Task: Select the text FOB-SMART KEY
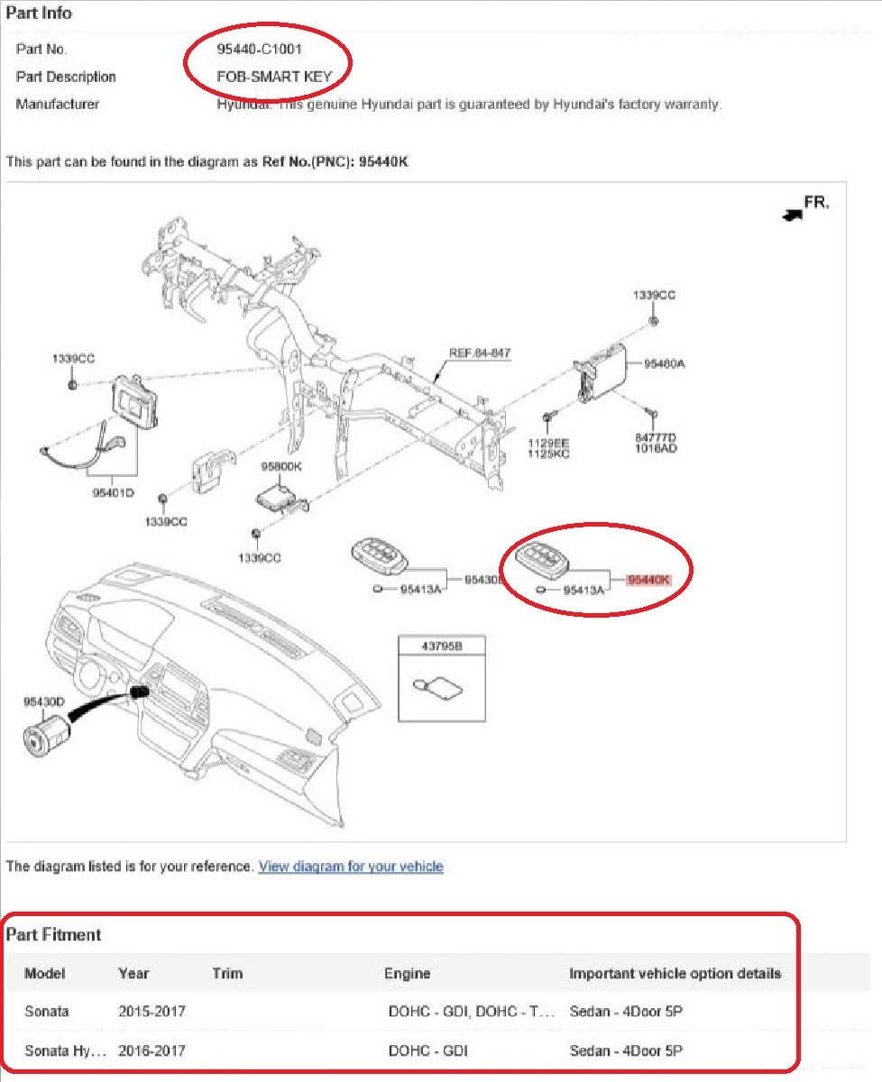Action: (x=268, y=77)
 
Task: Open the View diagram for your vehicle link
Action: (x=350, y=867)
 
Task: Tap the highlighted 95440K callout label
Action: (x=649, y=581)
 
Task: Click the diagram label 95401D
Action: (x=113, y=493)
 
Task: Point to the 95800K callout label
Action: (x=281, y=466)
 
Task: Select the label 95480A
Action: (x=665, y=364)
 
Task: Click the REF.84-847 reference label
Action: (x=480, y=353)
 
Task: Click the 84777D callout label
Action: (x=656, y=437)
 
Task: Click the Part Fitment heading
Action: (x=54, y=935)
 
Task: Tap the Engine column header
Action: (x=408, y=974)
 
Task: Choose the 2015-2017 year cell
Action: (x=152, y=1012)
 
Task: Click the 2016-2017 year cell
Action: (x=152, y=1051)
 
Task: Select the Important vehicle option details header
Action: (x=675, y=974)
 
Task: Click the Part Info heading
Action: (x=40, y=14)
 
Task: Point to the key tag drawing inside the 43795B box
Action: (x=434, y=687)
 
